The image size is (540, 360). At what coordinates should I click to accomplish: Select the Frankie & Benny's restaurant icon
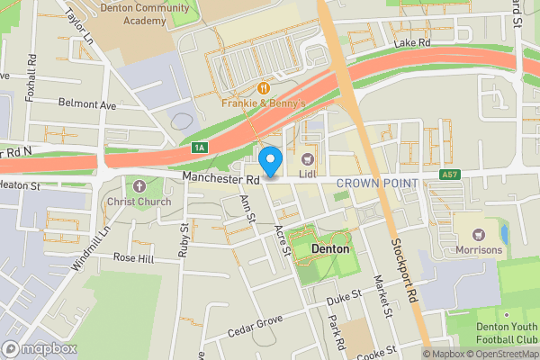[265, 88]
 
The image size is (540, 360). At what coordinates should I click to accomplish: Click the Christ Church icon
[139, 186]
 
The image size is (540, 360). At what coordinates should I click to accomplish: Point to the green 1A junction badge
[199, 147]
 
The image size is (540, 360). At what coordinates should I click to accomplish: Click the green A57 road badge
[450, 175]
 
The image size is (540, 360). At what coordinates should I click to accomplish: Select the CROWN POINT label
[377, 184]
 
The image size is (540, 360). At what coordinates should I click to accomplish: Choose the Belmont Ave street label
[86, 104]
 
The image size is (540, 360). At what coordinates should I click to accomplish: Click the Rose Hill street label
[133, 257]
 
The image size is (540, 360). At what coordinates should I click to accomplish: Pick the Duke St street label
[343, 294]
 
